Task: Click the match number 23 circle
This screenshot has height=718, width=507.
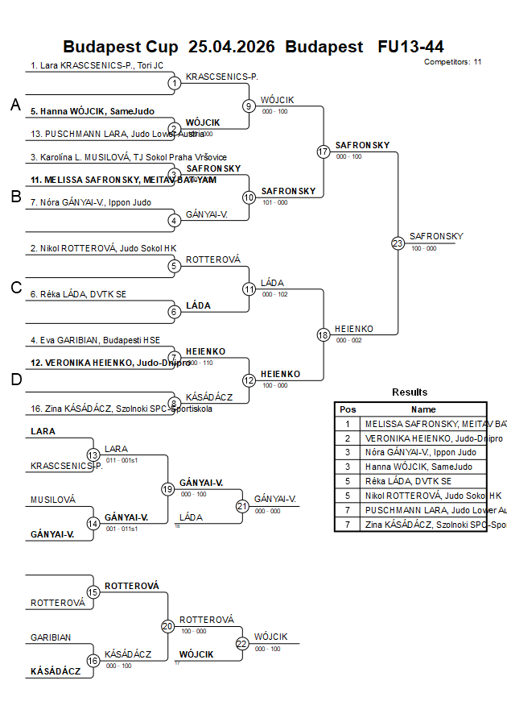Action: pyautogui.click(x=398, y=243)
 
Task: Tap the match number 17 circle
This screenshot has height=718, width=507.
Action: pyautogui.click(x=324, y=151)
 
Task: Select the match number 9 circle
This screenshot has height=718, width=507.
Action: pyautogui.click(x=249, y=106)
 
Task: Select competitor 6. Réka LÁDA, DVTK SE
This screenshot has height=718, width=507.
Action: pyautogui.click(x=78, y=294)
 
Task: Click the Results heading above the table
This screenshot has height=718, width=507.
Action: pyautogui.click(x=410, y=392)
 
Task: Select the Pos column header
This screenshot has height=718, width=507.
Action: pyautogui.click(x=348, y=409)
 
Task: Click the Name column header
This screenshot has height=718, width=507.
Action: pyautogui.click(x=423, y=409)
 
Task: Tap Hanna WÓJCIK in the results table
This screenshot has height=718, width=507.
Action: pyautogui.click(x=418, y=467)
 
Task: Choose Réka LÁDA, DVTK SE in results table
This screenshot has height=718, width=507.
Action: pyautogui.click(x=408, y=481)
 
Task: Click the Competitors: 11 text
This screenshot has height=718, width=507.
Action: pyautogui.click(x=452, y=61)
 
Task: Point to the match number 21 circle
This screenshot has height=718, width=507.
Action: pyautogui.click(x=242, y=506)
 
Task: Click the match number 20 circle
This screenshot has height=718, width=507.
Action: pyautogui.click(x=167, y=626)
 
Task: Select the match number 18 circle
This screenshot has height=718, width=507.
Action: pyautogui.click(x=324, y=334)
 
